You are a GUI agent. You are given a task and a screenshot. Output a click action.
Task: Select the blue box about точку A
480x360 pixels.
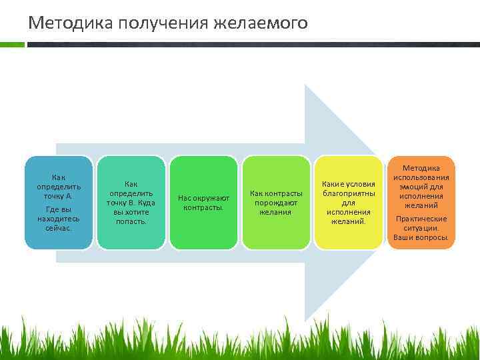point(59,203)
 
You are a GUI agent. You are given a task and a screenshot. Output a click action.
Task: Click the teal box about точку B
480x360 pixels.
point(131,203)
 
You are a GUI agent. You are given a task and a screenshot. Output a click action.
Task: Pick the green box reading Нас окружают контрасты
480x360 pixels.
point(203,203)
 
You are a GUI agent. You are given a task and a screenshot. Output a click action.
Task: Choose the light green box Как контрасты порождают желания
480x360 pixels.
point(275,203)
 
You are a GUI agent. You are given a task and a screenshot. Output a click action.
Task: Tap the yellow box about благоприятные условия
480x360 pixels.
point(348,203)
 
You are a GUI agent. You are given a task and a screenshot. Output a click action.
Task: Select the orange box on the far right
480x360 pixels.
point(421,203)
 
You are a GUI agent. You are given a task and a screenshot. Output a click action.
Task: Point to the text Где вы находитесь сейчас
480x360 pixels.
point(59,219)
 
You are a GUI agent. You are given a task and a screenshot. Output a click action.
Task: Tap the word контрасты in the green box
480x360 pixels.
point(203,207)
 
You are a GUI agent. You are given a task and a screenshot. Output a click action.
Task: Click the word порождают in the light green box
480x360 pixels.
point(275,203)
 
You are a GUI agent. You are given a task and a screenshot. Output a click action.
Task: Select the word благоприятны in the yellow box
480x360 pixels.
point(349,193)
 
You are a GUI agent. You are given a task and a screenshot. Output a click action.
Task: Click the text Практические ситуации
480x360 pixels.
point(421,223)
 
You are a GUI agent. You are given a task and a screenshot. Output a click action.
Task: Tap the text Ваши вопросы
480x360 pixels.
point(421,237)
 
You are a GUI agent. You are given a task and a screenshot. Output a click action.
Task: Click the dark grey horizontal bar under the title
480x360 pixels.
point(253,45)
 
